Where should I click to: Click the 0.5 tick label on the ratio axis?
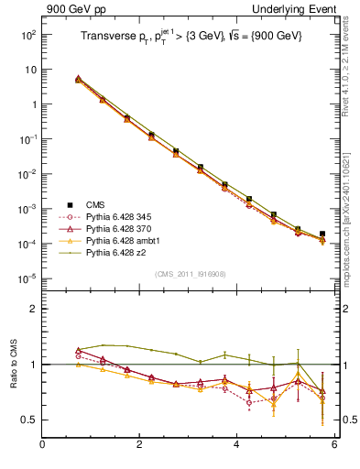click(x=28, y=420)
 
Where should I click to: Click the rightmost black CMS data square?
click(x=322, y=234)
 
